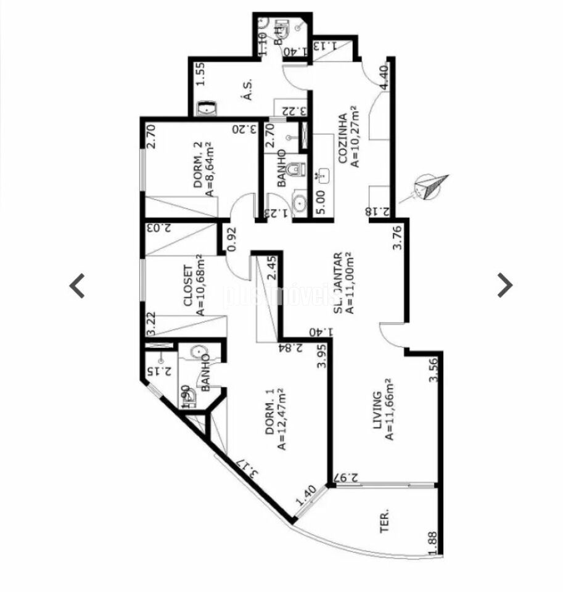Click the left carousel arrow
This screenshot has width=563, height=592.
(x=77, y=286)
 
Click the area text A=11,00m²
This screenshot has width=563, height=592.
(x=350, y=283)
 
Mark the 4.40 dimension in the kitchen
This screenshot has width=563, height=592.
(x=384, y=78)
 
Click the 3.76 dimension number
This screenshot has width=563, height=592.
(x=398, y=239)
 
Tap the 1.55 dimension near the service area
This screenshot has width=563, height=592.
(x=200, y=76)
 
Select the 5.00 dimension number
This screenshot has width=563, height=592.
(x=319, y=202)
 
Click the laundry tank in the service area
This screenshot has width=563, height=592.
(x=206, y=109)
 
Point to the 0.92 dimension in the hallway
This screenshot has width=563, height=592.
(x=231, y=239)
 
